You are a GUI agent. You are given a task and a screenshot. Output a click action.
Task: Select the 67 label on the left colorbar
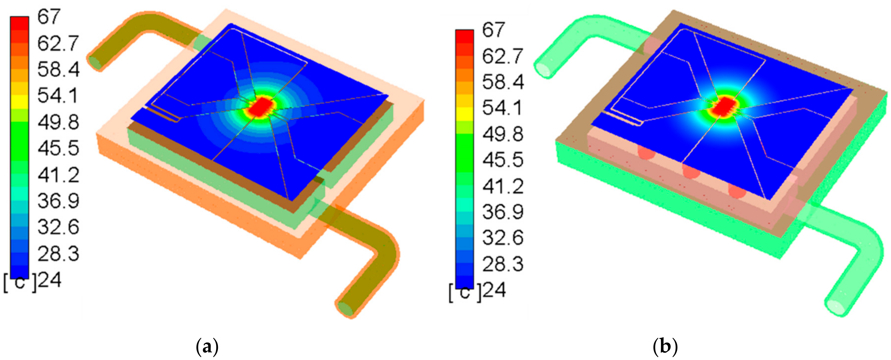click(x=49, y=17)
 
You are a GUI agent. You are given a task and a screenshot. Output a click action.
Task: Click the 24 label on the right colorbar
click(x=494, y=291)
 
